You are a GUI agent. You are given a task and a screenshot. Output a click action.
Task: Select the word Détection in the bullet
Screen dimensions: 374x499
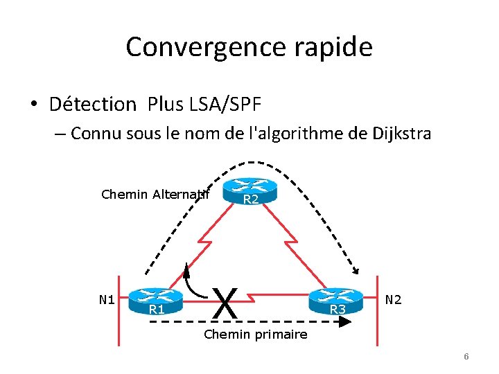[93, 105]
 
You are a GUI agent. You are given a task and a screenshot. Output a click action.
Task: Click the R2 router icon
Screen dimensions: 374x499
[249, 188]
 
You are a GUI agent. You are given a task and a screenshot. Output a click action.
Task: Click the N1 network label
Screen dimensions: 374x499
[106, 299]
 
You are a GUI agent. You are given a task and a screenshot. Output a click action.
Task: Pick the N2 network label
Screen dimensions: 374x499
[394, 299]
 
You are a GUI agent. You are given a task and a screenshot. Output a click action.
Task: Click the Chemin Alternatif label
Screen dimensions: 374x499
[155, 194]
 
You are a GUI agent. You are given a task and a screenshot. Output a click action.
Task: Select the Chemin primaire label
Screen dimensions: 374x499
[255, 335]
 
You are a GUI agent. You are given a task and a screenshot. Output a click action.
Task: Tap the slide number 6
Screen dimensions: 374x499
[466, 356]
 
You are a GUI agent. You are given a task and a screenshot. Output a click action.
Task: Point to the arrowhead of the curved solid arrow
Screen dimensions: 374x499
[186, 268]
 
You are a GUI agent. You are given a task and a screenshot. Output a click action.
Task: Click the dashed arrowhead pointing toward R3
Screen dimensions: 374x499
[353, 272]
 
